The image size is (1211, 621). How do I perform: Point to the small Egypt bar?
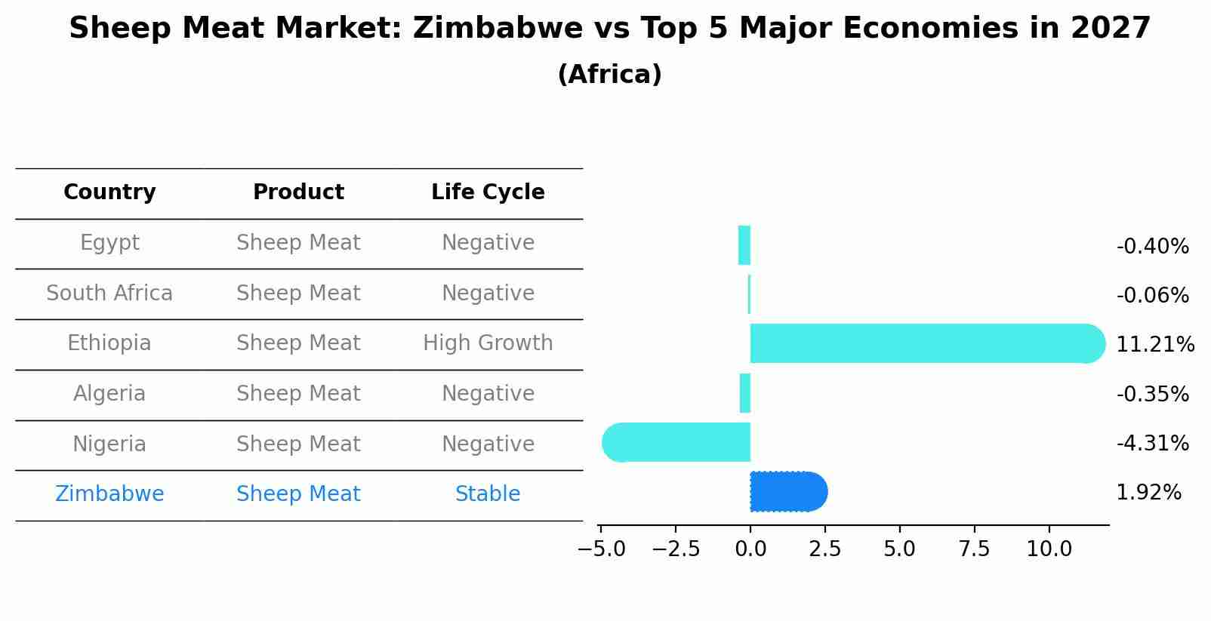point(744,245)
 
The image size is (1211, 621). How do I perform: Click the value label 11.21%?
point(1154,345)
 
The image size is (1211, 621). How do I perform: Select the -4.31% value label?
point(1152,444)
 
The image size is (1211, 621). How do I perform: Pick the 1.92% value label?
point(1148,493)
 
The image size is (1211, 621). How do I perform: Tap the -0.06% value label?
point(1152,296)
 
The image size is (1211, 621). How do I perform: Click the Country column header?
point(109,192)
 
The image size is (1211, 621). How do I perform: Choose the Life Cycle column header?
point(488,192)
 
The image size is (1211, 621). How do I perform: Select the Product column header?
point(298,192)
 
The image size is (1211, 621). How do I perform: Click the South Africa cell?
point(109,294)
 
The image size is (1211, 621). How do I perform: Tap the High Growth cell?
point(488,343)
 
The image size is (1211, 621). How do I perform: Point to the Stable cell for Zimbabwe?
point(488,494)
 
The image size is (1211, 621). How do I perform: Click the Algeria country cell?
point(109,394)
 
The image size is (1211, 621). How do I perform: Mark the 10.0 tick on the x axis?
point(1049,549)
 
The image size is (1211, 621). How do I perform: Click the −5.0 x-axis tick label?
point(601,549)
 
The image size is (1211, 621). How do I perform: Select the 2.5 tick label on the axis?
point(824,549)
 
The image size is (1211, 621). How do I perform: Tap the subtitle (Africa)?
point(609,75)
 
